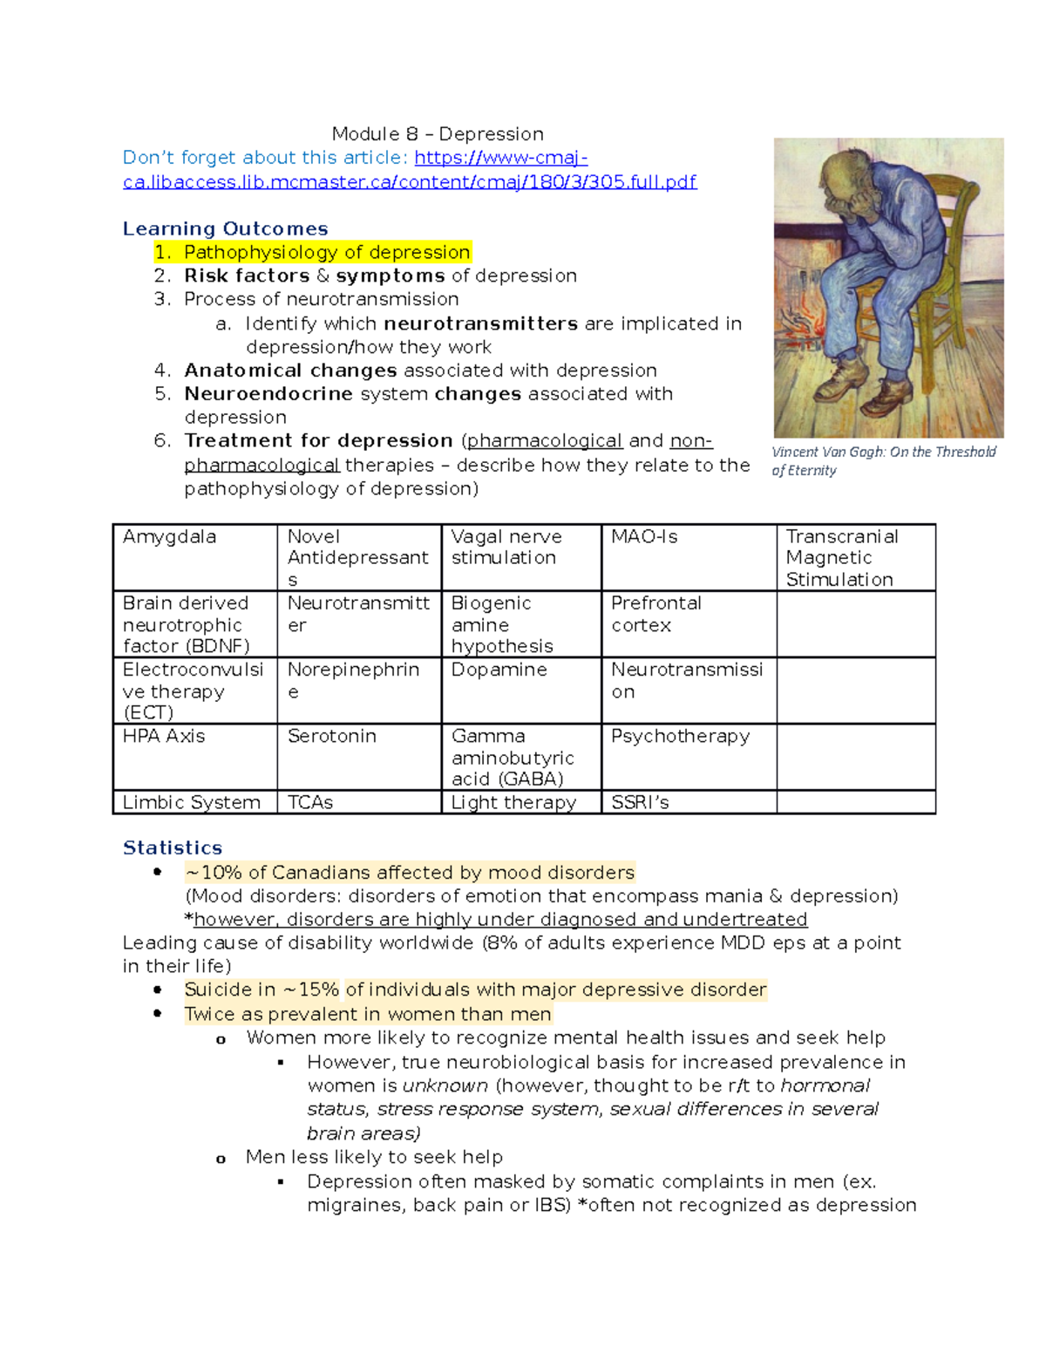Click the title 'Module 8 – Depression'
click(438, 134)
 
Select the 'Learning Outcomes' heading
click(225, 228)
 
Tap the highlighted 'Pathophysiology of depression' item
click(327, 252)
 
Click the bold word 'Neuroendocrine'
click(268, 394)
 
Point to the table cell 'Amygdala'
click(170, 537)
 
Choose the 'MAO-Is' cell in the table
click(644, 537)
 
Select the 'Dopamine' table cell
click(499, 670)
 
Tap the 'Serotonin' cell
click(332, 736)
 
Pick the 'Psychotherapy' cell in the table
click(680, 736)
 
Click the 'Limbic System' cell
click(192, 802)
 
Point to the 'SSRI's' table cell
click(640, 802)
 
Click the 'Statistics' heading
click(173, 847)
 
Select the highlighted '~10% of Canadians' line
click(410, 873)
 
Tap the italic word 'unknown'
click(445, 1085)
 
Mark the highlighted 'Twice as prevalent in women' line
click(368, 1014)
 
